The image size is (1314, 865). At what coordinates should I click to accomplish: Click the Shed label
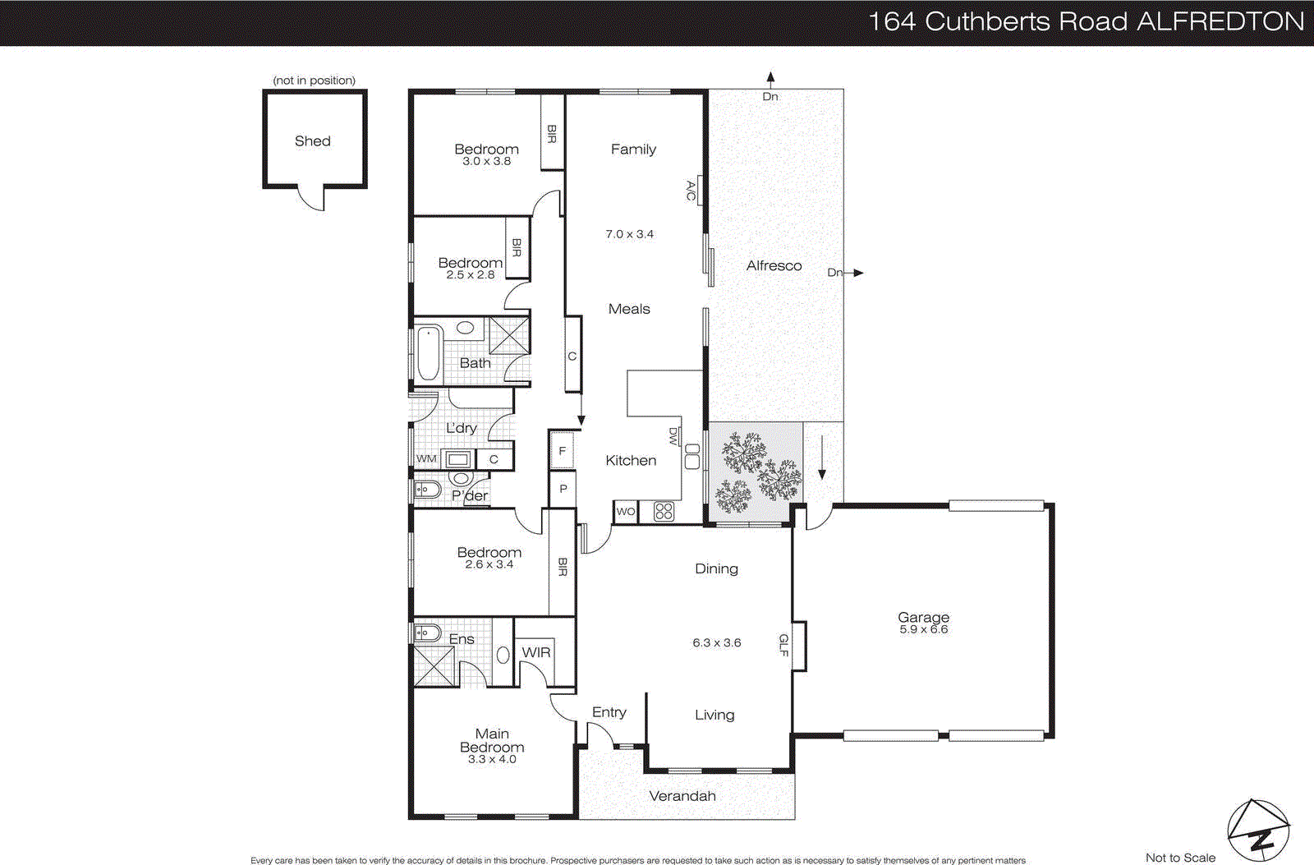pyautogui.click(x=313, y=141)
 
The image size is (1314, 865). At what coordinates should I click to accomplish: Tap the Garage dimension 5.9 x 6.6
pyautogui.click(x=923, y=629)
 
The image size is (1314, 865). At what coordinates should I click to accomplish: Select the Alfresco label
pyautogui.click(x=774, y=265)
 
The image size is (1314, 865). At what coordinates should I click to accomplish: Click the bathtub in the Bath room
pyautogui.click(x=428, y=354)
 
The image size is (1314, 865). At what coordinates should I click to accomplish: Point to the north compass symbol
pyautogui.click(x=1258, y=830)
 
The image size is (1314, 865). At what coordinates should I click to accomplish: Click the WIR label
pyautogui.click(x=536, y=652)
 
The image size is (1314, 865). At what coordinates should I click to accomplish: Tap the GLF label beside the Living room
pyautogui.click(x=783, y=645)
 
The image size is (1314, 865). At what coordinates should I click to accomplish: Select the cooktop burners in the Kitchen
pyautogui.click(x=664, y=512)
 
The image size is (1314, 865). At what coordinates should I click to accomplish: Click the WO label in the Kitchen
pyautogui.click(x=626, y=512)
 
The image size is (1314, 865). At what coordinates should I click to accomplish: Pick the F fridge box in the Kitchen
pyautogui.click(x=562, y=451)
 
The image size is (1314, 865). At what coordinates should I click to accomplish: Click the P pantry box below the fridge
pyautogui.click(x=563, y=489)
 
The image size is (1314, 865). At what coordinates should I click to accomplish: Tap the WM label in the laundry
pyautogui.click(x=426, y=458)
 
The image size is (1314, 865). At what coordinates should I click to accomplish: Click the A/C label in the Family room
pyautogui.click(x=691, y=191)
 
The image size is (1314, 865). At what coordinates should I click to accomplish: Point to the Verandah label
pyautogui.click(x=682, y=796)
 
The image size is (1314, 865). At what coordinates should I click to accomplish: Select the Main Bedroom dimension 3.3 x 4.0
pyautogui.click(x=492, y=760)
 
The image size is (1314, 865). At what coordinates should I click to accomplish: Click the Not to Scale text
pyautogui.click(x=1180, y=858)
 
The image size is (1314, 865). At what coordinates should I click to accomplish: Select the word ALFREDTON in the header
pyautogui.click(x=1220, y=21)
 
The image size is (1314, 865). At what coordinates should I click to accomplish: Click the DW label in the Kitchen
pyautogui.click(x=673, y=436)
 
